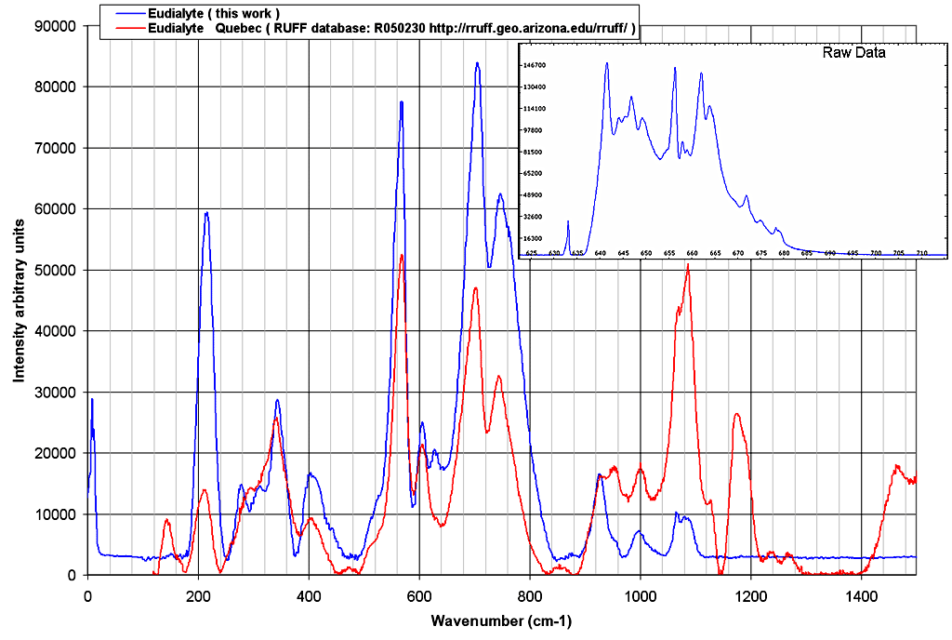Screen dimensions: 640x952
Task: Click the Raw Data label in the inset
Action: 853,53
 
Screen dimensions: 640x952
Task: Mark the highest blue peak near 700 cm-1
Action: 477,63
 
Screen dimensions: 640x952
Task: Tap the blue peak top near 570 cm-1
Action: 402,102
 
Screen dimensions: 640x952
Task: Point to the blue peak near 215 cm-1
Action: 206,213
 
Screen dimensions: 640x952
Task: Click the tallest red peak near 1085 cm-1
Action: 688,265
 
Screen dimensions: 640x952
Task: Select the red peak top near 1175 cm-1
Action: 736,414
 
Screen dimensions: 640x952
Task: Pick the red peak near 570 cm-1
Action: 402,256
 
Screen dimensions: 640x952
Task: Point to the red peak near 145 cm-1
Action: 167,520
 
